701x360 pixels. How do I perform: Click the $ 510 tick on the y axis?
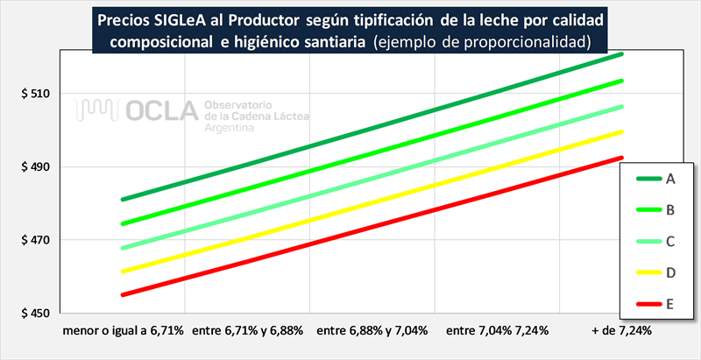click(x=31, y=94)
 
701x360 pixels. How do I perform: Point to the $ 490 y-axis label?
click(x=31, y=167)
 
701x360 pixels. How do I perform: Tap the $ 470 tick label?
click(x=31, y=240)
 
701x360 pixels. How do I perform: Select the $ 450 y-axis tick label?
click(x=31, y=313)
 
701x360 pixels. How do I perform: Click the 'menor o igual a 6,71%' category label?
click(x=123, y=330)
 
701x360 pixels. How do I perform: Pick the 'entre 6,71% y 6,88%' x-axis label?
click(x=248, y=330)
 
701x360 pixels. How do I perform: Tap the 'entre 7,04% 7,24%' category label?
click(x=498, y=330)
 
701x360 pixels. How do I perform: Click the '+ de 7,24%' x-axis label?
click(x=622, y=330)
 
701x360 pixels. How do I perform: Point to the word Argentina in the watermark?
click(x=229, y=128)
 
